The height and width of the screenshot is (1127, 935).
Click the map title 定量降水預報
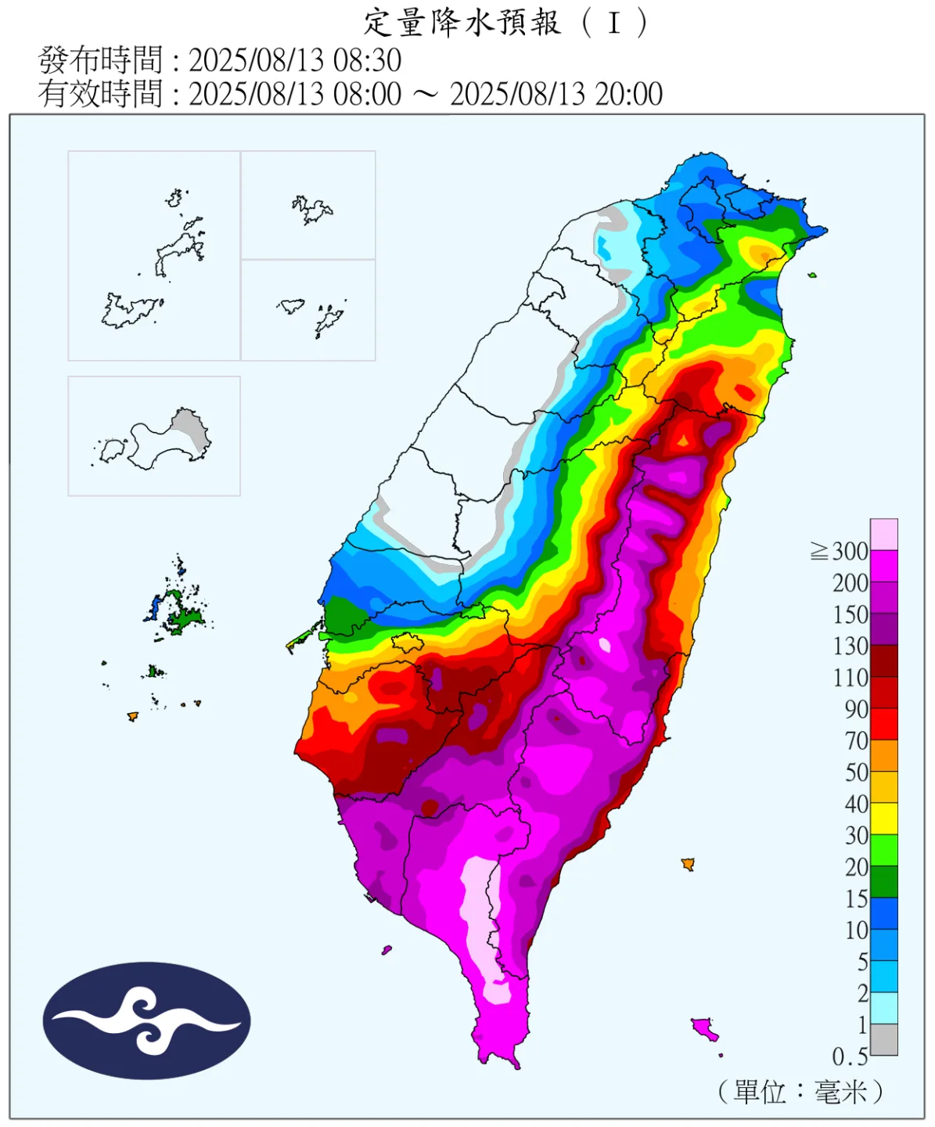pyautogui.click(x=462, y=23)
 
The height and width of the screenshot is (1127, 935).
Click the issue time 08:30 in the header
pyautogui.click(x=367, y=60)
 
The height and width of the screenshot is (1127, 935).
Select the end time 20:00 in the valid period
pyautogui.click(x=628, y=94)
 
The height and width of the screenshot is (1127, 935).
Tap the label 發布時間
pyautogui.click(x=101, y=60)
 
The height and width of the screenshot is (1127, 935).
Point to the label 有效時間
pyautogui.click(x=101, y=94)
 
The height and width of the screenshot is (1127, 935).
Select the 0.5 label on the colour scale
pyautogui.click(x=850, y=1057)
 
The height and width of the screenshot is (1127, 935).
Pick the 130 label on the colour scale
pyautogui.click(x=850, y=646)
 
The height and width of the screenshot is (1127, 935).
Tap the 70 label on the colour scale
pyautogui.click(x=856, y=741)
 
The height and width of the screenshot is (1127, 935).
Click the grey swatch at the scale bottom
pyautogui.click(x=883, y=1040)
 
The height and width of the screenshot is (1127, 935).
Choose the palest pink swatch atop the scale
pyautogui.click(x=883, y=535)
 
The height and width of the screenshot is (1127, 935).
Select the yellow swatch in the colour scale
pyautogui.click(x=883, y=819)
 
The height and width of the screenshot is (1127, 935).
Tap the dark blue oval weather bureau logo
pyautogui.click(x=146, y=1021)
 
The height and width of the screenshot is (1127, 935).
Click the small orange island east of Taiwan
pyautogui.click(x=688, y=864)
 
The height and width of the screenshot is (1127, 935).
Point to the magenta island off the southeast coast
pyautogui.click(x=705, y=1028)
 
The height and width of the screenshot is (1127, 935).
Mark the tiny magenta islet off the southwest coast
pyautogui.click(x=387, y=950)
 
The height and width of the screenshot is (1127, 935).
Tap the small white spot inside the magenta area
pyautogui.click(x=604, y=646)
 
